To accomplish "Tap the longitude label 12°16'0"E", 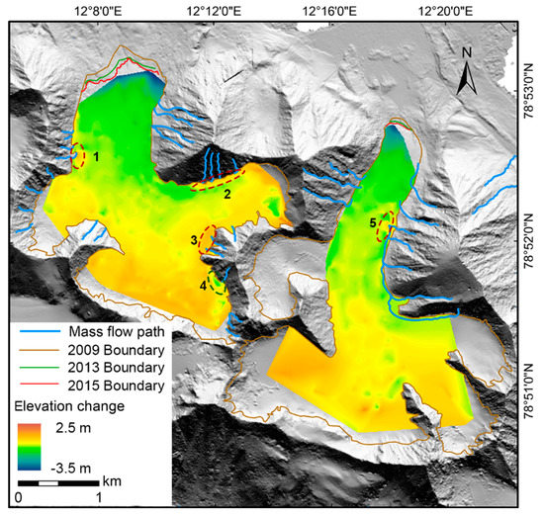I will [x=333, y=10].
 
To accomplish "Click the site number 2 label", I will [x=227, y=195].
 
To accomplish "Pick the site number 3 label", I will [x=194, y=239].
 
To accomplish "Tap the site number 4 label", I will [x=204, y=286].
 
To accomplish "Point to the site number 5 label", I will [x=374, y=224].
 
